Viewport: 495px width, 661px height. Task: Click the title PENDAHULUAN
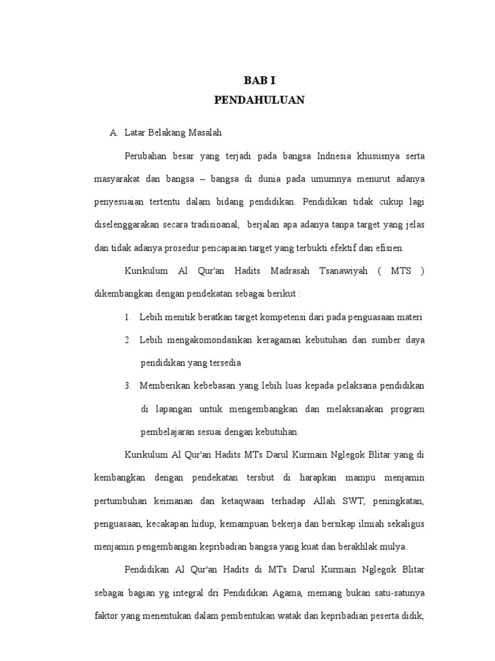(x=260, y=100)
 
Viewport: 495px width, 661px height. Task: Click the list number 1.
(x=128, y=316)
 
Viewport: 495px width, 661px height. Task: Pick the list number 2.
(x=128, y=340)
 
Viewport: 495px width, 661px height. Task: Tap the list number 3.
(x=128, y=385)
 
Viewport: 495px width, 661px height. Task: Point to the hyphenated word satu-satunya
(x=398, y=593)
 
